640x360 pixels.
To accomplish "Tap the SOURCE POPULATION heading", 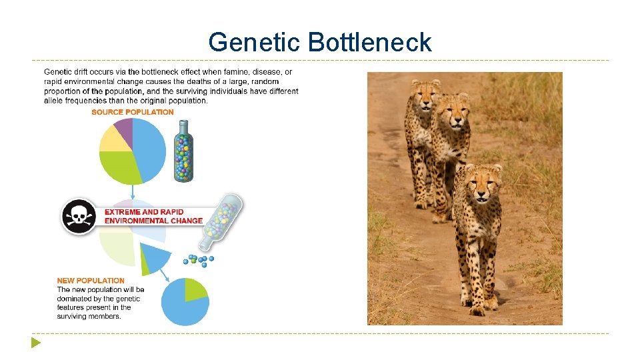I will click(x=133, y=112).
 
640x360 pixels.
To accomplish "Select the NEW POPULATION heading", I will click(x=91, y=281).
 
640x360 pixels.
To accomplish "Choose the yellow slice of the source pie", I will click(x=112, y=139).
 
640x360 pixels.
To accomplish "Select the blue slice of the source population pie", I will click(x=150, y=147).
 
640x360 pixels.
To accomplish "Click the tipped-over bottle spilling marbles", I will click(x=223, y=217).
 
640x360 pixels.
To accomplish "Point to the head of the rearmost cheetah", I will click(x=425, y=96).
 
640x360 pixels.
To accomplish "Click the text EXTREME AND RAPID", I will click(x=143, y=212).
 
